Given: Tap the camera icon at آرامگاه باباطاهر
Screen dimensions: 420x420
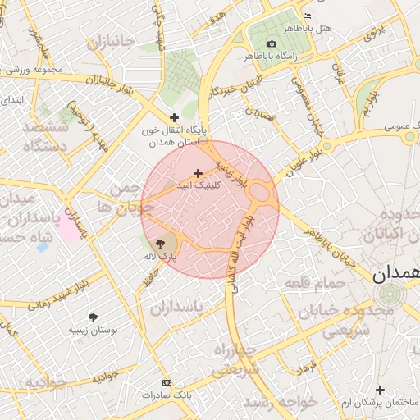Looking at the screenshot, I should pos(272,43).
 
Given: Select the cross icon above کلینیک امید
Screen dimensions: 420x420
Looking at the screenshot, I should pos(198,173).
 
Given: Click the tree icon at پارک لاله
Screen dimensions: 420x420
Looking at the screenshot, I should pos(160,244).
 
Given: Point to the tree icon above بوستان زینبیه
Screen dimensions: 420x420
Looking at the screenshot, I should pos(92,317).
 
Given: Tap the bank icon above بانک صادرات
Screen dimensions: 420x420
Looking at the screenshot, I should pos(167,382).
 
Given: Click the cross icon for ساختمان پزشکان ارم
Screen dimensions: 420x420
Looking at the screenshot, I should pos(379,390).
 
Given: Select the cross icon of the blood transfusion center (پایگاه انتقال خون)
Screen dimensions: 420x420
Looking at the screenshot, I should pos(174,117).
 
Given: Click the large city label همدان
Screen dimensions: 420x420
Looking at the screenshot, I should pos(395,275).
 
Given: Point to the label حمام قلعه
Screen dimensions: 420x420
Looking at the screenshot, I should pos(308,283).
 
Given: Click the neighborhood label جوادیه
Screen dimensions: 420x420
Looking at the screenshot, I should pos(44,382).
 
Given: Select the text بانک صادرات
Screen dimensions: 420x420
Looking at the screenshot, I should pos(167,395).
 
